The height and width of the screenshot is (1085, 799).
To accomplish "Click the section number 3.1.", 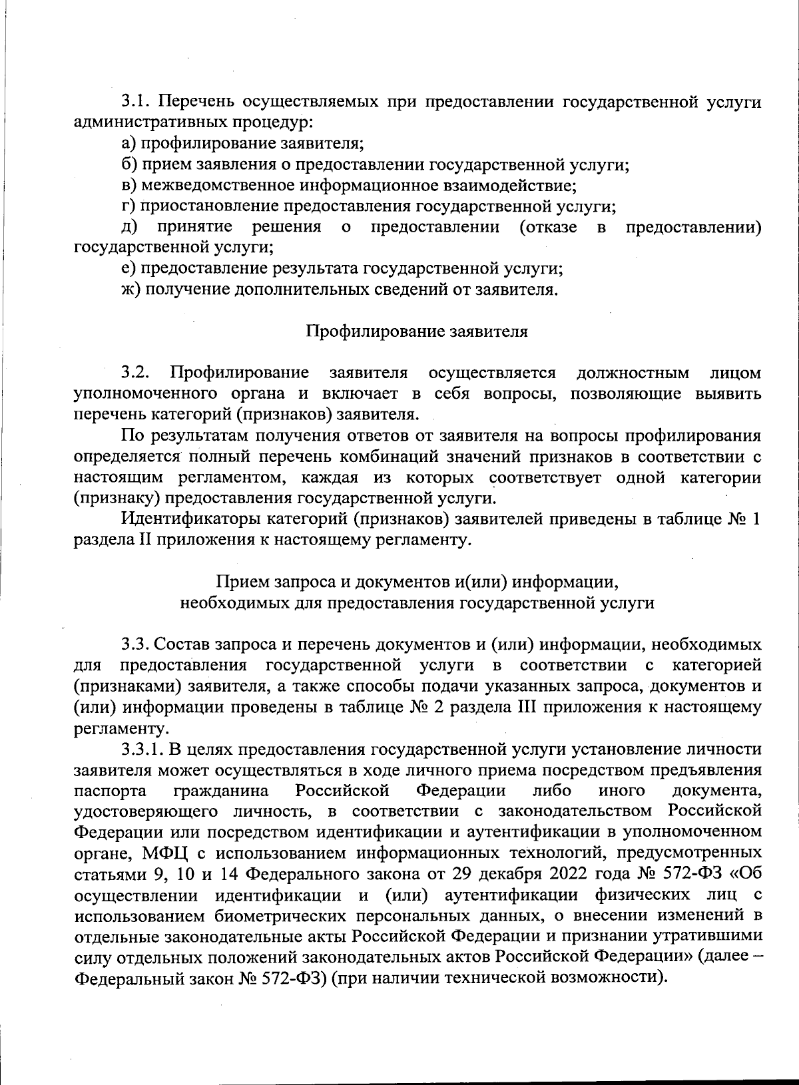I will (137, 103).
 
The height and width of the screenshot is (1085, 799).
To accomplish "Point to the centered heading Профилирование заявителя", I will (417, 331).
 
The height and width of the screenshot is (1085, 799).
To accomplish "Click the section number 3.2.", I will (137, 373).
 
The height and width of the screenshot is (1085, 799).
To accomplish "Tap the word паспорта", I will (111, 791).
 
